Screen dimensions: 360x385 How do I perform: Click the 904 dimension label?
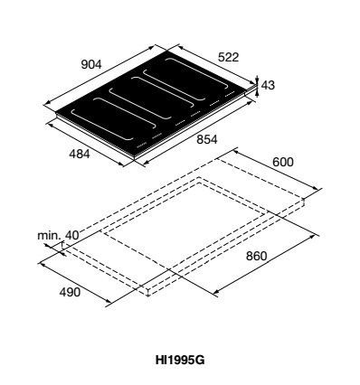click(91, 64)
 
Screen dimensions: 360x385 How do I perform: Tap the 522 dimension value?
click(228, 57)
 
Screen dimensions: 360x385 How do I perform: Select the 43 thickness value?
click(268, 86)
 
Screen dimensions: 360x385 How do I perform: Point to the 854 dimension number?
click(207, 139)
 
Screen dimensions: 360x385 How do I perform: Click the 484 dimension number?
click(80, 154)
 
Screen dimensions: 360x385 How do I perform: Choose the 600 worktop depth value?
click(283, 162)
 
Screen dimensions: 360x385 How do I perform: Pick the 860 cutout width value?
click(257, 256)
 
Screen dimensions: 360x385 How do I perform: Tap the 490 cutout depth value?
click(70, 292)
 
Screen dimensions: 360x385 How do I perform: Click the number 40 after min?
click(72, 235)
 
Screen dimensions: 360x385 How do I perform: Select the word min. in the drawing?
click(49, 235)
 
